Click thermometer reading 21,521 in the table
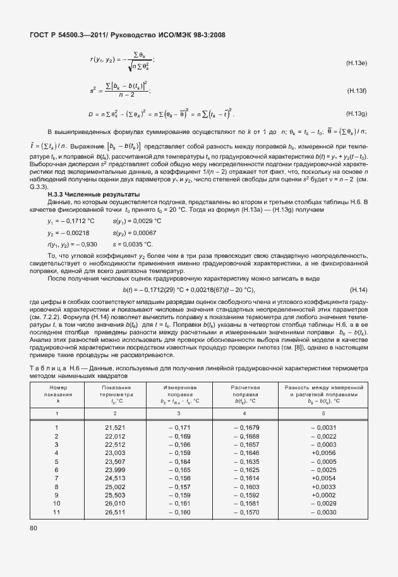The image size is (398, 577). [115, 428]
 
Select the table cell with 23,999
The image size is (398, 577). [115, 470]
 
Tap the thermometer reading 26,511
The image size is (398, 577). [115, 511]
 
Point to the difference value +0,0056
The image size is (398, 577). [323, 453]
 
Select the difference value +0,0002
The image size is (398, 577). [323, 495]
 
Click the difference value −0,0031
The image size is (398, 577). [323, 428]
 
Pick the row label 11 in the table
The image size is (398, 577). [57, 511]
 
